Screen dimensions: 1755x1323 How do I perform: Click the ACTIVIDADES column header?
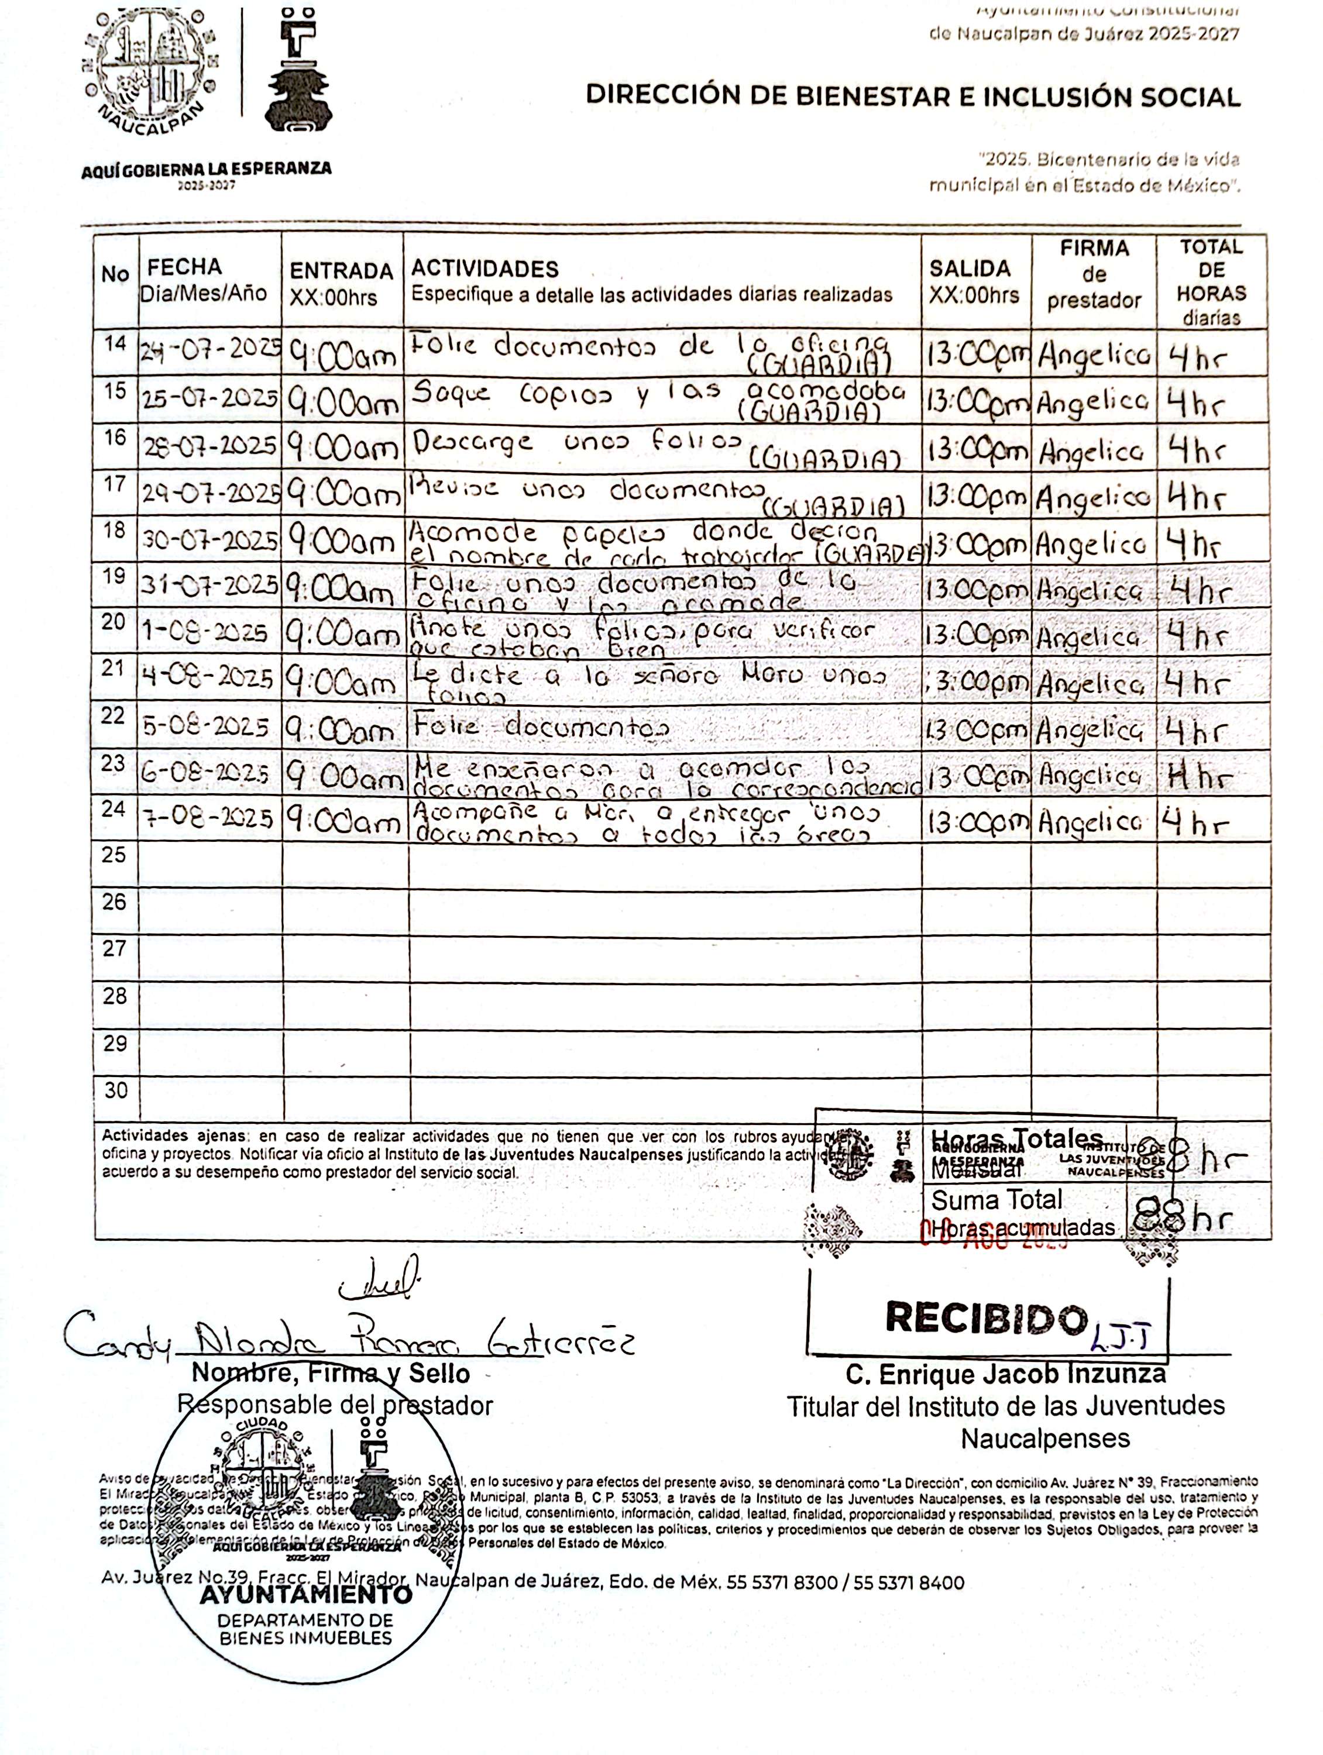click(x=484, y=269)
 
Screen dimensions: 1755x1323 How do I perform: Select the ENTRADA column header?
click(x=341, y=271)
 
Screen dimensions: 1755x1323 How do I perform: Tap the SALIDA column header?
click(x=970, y=269)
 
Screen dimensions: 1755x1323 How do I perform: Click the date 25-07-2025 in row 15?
click(x=210, y=399)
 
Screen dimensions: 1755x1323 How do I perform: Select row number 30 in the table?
click(x=115, y=1090)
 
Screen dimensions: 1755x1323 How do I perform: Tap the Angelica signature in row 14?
click(x=1094, y=356)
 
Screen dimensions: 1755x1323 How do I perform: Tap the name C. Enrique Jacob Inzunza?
click(x=1005, y=1374)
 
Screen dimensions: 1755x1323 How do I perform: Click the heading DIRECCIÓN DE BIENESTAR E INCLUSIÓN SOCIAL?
click(x=913, y=97)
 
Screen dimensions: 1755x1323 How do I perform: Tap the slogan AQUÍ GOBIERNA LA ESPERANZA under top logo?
click(x=207, y=168)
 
